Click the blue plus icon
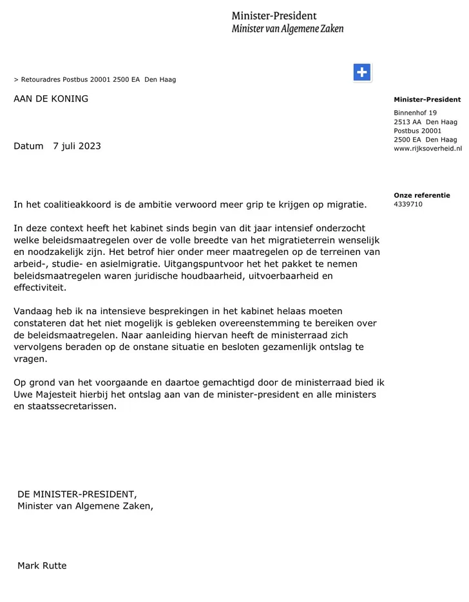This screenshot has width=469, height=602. [x=363, y=73]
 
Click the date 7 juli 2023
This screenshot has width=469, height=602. [x=77, y=146]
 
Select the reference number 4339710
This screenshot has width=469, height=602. [x=408, y=205]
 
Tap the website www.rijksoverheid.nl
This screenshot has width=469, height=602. [x=428, y=149]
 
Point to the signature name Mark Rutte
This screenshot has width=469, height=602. [x=42, y=566]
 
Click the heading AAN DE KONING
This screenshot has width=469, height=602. [x=51, y=99]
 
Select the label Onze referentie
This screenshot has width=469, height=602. [x=422, y=195]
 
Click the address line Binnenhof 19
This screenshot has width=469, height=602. [x=415, y=113]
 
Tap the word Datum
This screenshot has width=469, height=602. [x=28, y=146]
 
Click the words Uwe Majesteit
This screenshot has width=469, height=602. [x=48, y=395]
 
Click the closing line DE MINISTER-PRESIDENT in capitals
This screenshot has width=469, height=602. [x=77, y=494]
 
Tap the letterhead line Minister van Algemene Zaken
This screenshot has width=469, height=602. [x=287, y=28]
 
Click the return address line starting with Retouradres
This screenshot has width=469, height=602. [x=95, y=80]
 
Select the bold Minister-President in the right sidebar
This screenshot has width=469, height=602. [x=427, y=100]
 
